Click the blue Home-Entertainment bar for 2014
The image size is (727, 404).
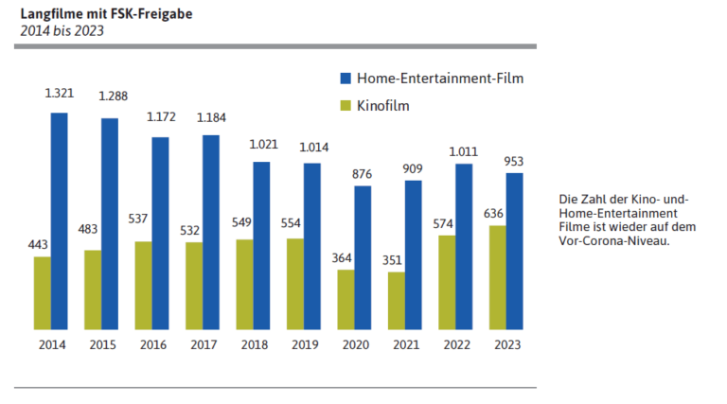(59, 221)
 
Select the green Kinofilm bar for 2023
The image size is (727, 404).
(497, 277)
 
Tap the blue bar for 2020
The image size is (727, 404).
(363, 257)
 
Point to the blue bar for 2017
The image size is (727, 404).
(210, 232)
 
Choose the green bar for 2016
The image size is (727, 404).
(143, 285)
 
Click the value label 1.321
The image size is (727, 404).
(60, 94)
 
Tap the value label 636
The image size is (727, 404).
(494, 213)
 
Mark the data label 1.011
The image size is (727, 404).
(463, 149)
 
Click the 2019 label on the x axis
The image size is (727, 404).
(305, 345)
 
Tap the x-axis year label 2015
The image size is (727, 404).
(102, 345)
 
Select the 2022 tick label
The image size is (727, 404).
(456, 345)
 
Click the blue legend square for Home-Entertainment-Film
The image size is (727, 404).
(346, 78)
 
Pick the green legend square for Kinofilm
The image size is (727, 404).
(346, 105)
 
